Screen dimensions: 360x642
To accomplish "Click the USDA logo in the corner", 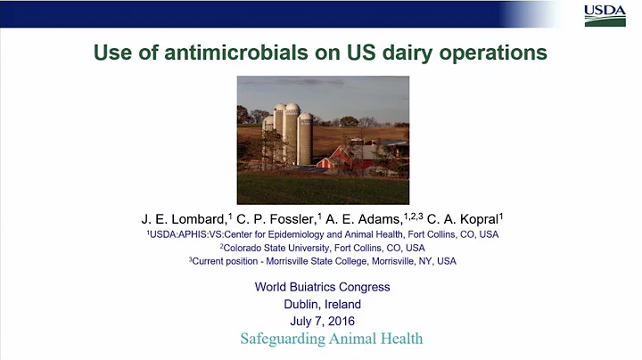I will click(x=605, y=15).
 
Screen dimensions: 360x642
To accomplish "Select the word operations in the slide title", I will click(x=487, y=53).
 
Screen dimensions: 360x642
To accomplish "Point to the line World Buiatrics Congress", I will click(x=322, y=287).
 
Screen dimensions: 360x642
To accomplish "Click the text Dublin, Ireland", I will click(x=322, y=304).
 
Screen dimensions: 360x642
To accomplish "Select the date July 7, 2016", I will click(x=322, y=321).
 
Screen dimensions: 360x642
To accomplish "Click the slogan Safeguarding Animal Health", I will click(x=331, y=339).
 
